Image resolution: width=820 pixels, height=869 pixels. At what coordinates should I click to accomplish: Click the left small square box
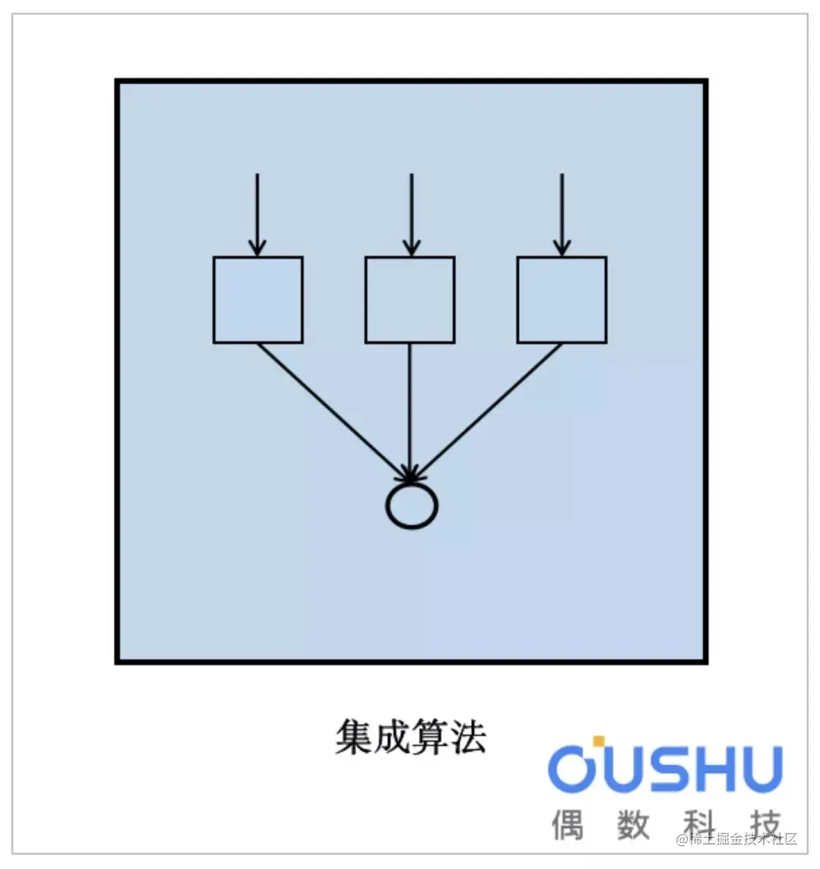[x=258, y=300]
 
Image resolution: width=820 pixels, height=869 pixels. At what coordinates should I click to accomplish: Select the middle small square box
[x=410, y=300]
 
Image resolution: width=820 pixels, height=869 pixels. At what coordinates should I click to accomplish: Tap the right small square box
[x=562, y=300]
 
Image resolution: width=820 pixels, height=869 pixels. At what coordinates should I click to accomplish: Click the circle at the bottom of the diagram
[x=412, y=505]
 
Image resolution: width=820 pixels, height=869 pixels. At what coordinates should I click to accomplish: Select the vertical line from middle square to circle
[x=410, y=410]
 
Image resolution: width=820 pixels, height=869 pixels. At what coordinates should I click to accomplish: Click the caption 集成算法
[x=411, y=736]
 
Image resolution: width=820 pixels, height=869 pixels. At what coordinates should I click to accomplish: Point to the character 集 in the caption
[x=354, y=736]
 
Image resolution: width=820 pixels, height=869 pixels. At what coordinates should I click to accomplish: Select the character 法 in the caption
[x=468, y=736]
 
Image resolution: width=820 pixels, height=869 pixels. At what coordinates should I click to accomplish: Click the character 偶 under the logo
[x=568, y=824]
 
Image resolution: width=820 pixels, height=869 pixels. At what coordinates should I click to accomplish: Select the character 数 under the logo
[x=634, y=824]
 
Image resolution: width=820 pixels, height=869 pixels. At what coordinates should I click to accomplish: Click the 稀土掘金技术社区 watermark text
[x=738, y=839]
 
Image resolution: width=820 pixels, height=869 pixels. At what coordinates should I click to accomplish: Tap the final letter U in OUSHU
[x=762, y=769]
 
